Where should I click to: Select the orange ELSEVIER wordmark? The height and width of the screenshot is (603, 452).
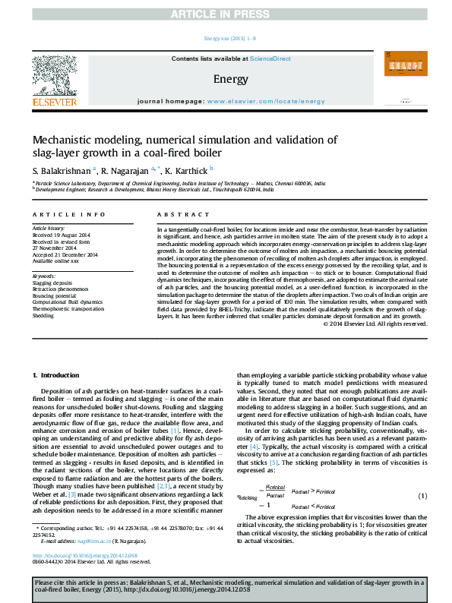tap(55, 102)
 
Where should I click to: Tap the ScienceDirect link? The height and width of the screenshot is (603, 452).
tap(270, 58)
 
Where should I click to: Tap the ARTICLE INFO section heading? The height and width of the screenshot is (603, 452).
tap(68, 215)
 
